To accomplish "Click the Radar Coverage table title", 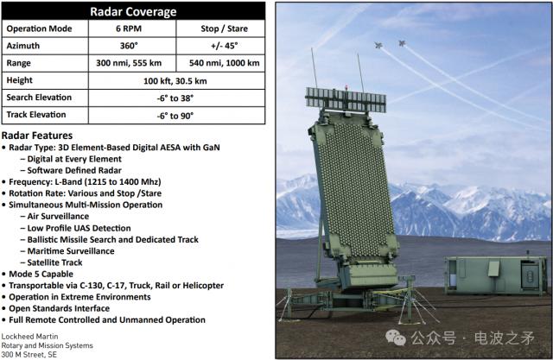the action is (133, 11).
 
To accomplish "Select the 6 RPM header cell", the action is (129, 28).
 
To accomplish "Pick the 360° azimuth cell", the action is (129, 46).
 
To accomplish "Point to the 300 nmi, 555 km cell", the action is (129, 63).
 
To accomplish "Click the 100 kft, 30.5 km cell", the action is (175, 81).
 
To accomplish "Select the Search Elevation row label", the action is (39, 98).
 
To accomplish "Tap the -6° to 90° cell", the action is (175, 116).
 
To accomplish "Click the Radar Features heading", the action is (37, 136).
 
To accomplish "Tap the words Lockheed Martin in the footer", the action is (29, 337).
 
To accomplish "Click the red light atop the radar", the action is (346, 87).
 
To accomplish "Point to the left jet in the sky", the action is (378, 45).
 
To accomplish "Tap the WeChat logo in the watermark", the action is (396, 338).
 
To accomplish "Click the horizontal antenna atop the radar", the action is (346, 99).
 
